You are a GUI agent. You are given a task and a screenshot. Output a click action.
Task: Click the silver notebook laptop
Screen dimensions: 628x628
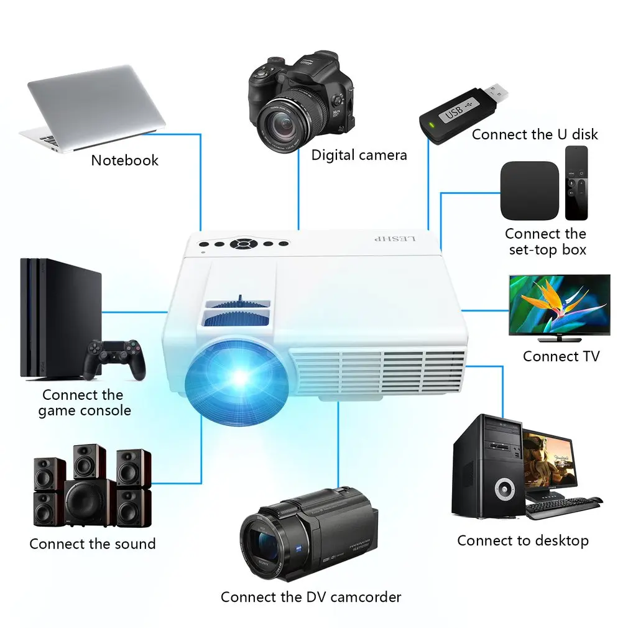click(93, 106)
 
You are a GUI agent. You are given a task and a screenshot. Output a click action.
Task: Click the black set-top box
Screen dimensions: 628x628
click(529, 190)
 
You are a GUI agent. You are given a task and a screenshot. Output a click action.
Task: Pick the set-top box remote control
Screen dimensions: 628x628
click(576, 183)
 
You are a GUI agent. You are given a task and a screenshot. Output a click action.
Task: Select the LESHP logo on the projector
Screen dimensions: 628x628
click(395, 239)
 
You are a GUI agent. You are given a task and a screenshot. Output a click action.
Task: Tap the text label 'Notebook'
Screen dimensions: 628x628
click(124, 160)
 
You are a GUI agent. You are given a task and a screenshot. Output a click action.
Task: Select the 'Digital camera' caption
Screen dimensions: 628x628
click(359, 155)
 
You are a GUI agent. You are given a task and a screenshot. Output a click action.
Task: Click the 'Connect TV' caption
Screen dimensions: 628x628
click(561, 356)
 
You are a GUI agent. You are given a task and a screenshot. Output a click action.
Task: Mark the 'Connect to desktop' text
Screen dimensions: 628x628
click(522, 541)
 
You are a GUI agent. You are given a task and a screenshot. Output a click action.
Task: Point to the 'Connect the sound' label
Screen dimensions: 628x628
click(92, 544)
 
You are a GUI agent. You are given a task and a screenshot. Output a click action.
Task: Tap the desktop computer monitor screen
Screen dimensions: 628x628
click(548, 459)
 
